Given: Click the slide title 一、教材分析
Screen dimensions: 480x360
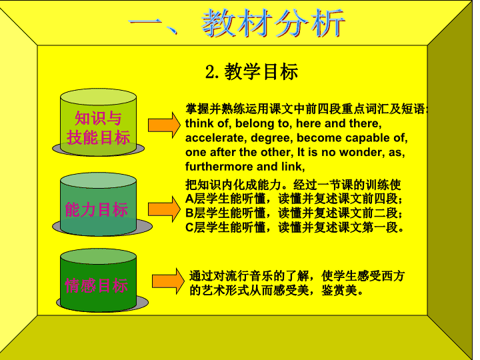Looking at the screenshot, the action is click(x=237, y=23).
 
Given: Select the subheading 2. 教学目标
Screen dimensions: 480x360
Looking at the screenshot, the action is click(x=251, y=72).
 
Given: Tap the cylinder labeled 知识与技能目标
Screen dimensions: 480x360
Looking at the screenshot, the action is click(x=98, y=123).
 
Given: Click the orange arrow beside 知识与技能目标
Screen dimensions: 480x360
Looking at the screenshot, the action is click(x=165, y=125).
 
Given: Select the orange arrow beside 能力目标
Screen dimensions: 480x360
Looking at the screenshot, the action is click(x=165, y=209).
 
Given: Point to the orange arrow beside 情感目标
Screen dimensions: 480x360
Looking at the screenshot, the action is click(x=169, y=281).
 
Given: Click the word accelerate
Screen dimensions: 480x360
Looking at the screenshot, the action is click(x=216, y=138).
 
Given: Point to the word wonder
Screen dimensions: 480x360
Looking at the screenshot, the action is click(x=361, y=153).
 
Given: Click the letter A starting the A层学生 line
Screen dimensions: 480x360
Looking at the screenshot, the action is click(x=189, y=199).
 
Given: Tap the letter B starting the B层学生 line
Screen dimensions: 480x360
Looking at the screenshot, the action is click(x=189, y=213).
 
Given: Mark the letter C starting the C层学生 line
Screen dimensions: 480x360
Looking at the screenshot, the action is click(x=189, y=227).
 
